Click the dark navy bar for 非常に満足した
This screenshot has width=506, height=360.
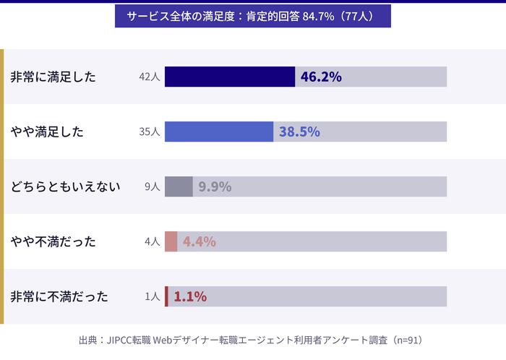click(x=230, y=77)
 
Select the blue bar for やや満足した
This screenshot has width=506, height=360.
click(x=219, y=132)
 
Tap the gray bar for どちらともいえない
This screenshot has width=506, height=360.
click(x=179, y=187)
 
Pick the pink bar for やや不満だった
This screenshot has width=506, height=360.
click(x=171, y=241)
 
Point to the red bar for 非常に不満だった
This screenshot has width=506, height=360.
click(x=166, y=296)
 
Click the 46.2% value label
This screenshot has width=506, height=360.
click(x=321, y=77)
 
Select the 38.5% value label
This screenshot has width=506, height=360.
click(x=299, y=132)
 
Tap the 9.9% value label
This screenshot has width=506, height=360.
click(x=215, y=187)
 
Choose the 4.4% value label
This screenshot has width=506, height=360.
click(x=199, y=241)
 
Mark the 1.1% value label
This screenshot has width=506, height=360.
click(x=189, y=296)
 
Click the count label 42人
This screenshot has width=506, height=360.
click(x=150, y=77)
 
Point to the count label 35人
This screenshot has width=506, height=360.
click(x=150, y=132)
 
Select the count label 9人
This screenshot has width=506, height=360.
click(x=152, y=187)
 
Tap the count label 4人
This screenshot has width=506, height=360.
click(x=152, y=241)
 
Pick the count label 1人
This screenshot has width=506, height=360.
click(x=152, y=296)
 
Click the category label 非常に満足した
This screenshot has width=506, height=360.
click(x=53, y=77)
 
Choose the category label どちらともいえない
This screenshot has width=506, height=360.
click(x=65, y=187)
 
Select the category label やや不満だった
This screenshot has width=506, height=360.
click(x=53, y=241)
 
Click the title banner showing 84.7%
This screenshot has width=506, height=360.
click(x=252, y=16)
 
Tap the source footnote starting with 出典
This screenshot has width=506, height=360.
click(x=250, y=340)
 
